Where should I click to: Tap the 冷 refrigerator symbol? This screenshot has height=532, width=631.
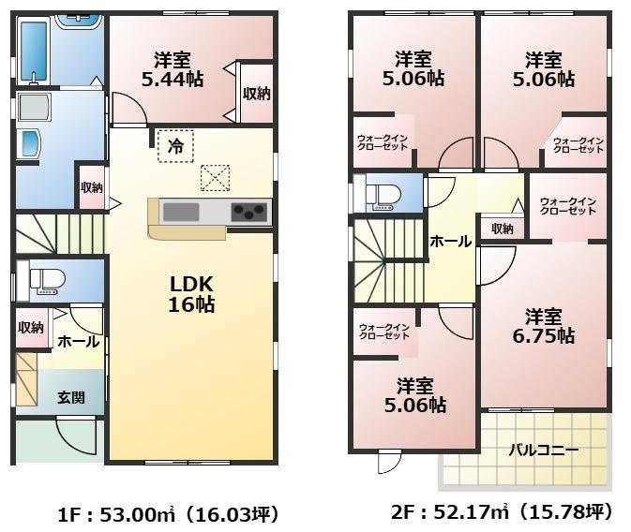tap(174, 145)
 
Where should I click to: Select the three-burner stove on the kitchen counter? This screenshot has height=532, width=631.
tap(249, 212)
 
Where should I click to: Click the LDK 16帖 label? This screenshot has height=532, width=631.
tap(192, 294)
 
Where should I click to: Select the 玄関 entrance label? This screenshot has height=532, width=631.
tap(70, 397)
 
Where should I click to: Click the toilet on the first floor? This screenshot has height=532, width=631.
tap(45, 280)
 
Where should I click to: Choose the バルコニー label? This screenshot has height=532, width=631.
tap(543, 450)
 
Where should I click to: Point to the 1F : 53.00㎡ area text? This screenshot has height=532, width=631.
tap(168, 514)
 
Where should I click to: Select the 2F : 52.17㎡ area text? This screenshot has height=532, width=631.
tap(502, 513)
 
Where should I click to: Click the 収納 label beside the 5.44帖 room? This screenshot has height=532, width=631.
tap(256, 93)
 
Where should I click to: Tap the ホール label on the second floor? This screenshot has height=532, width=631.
tap(451, 242)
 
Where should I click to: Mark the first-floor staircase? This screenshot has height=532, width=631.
tap(58, 233)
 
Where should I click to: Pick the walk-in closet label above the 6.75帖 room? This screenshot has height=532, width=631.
tap(568, 205)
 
